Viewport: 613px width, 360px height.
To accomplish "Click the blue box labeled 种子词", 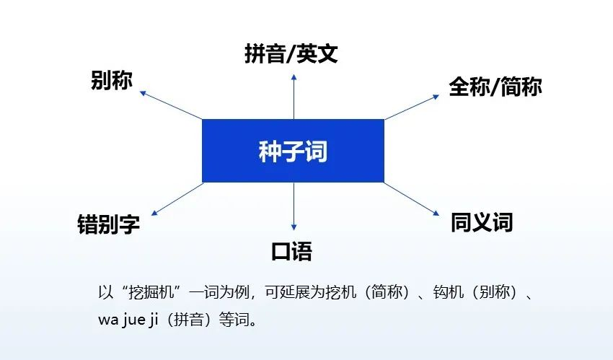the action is [293, 151].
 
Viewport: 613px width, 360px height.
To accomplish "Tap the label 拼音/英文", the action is [291, 53].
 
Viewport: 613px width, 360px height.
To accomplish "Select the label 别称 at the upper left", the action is [112, 80].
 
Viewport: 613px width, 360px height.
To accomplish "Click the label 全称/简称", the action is [495, 87].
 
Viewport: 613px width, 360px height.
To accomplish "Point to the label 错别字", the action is [108, 224].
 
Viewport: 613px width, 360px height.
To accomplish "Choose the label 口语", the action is [291, 251].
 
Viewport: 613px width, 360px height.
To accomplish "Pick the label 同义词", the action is [482, 222].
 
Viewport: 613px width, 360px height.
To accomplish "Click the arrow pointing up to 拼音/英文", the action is [294, 97].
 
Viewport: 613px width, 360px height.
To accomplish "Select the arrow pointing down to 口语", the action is [294, 206].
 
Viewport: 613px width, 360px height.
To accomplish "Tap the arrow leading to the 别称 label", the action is [171, 105].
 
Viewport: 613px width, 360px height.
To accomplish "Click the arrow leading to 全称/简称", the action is [412, 107].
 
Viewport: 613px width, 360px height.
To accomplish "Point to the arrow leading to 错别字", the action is [177, 199].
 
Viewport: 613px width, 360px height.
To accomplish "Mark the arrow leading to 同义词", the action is [412, 198].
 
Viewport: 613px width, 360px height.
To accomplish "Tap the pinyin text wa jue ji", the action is [128, 320].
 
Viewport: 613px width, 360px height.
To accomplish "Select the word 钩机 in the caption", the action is [449, 292].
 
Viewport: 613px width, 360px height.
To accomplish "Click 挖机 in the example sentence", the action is [341, 292].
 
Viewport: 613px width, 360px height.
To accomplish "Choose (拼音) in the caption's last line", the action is [189, 320].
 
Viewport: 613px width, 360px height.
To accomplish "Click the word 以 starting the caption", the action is [105, 292].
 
